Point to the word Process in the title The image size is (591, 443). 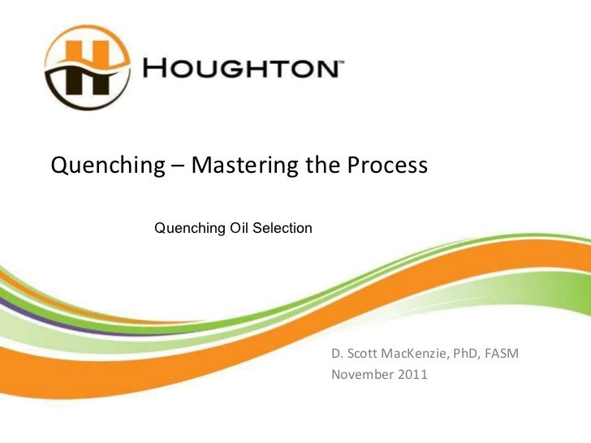pyautogui.click(x=387, y=166)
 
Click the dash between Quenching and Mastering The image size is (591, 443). pyautogui.click(x=178, y=167)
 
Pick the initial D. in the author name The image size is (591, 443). pyautogui.click(x=336, y=355)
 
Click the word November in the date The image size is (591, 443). pyautogui.click(x=360, y=375)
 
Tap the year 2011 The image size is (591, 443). pyautogui.click(x=411, y=375)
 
